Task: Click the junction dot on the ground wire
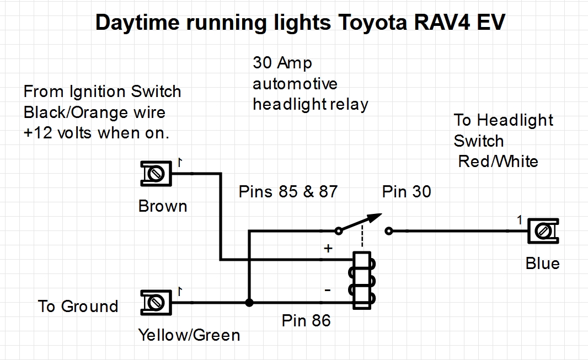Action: click(x=249, y=303)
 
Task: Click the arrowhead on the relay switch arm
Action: click(x=375, y=216)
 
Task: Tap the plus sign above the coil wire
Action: click(x=328, y=249)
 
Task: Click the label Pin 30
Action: click(x=407, y=192)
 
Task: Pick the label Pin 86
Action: click(x=306, y=320)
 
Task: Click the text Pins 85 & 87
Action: click(x=288, y=192)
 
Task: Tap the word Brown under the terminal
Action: click(x=163, y=206)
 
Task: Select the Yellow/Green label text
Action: click(x=189, y=335)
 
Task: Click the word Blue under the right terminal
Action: click(x=542, y=264)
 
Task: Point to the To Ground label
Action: click(x=78, y=307)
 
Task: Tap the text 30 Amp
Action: click(x=282, y=63)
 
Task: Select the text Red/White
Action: click(x=498, y=162)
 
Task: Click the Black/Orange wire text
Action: click(x=94, y=112)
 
